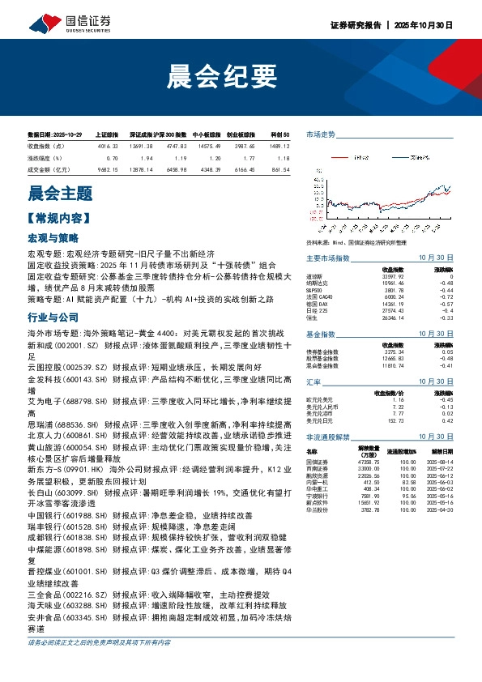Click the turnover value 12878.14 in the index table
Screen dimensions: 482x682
[141, 168]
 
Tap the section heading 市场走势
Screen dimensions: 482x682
[320, 134]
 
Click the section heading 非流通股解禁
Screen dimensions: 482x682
[327, 436]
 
